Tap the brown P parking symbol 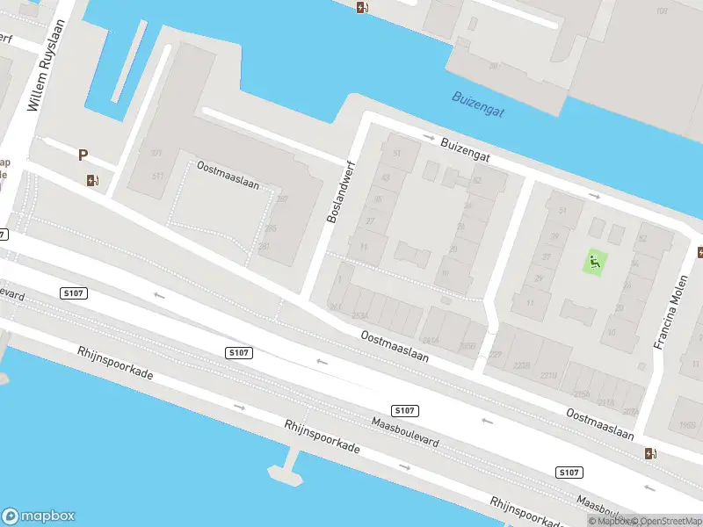click(x=83, y=155)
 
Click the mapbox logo click(x=39, y=516)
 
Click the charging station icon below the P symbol click(x=92, y=181)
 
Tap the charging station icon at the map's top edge click(x=362, y=8)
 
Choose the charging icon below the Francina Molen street click(x=650, y=454)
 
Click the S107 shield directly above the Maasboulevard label click(x=403, y=410)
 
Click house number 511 click(x=158, y=176)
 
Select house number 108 click(x=662, y=11)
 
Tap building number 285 click(x=271, y=228)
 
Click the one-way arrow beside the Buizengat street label click(x=429, y=138)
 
